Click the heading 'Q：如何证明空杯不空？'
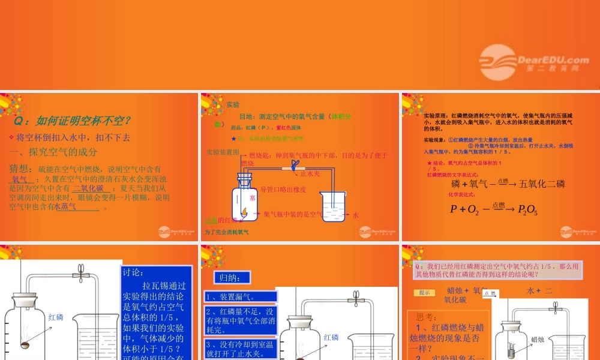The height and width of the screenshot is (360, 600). coord(73,121)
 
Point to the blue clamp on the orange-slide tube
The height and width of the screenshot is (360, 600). coord(293,165)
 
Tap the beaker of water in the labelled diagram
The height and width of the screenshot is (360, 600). coord(332,207)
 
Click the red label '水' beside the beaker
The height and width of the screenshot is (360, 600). coord(355,215)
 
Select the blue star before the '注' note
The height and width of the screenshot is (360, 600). coord(233,138)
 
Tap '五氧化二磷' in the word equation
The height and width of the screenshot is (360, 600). coord(542,184)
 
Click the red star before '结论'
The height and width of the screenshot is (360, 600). coord(428,163)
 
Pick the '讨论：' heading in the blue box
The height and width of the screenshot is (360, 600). coord(133,272)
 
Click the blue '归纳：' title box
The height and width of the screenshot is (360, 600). coord(232,278)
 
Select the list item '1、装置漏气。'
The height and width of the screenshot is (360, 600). coord(230,296)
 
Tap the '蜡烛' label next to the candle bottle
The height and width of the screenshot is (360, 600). coord(538,340)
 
